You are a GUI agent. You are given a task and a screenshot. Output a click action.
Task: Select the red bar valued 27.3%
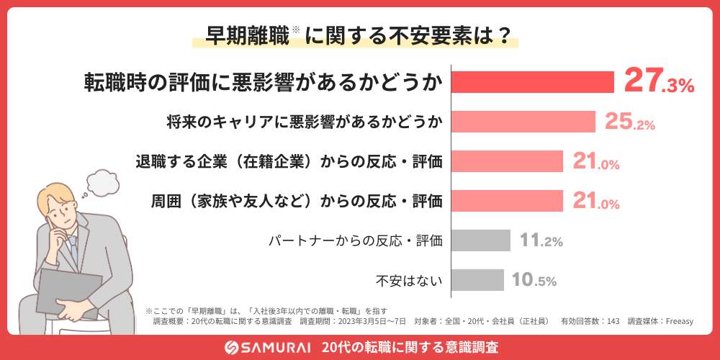(532, 81)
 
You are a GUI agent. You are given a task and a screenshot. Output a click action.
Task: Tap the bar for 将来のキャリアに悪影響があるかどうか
(523, 122)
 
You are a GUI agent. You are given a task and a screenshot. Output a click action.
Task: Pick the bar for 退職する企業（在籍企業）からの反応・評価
(507, 162)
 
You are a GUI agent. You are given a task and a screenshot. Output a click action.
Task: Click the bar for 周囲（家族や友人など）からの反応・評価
(507, 201)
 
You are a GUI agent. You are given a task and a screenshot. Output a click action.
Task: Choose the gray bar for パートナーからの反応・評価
(481, 240)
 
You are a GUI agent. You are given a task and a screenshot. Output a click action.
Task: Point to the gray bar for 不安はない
(478, 279)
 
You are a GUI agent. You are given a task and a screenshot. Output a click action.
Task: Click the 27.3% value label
(658, 81)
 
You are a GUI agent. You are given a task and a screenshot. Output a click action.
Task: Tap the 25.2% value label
(629, 122)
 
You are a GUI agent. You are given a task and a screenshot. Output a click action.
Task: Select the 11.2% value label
(541, 240)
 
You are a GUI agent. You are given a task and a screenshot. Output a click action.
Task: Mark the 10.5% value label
(534, 280)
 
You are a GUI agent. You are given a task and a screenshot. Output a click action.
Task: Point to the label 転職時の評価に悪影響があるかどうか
(263, 82)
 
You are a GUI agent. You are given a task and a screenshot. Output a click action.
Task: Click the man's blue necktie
(73, 248)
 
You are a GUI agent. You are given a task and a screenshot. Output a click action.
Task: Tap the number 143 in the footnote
(613, 321)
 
